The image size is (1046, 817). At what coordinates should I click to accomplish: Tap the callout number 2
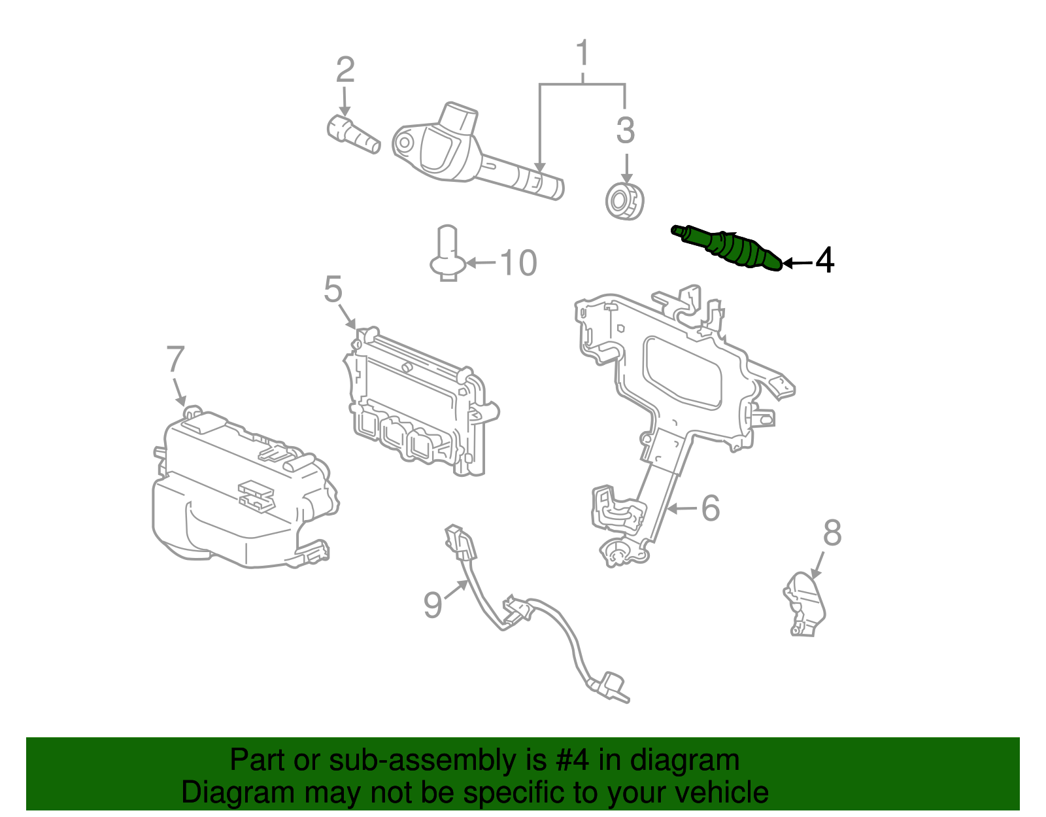point(345,69)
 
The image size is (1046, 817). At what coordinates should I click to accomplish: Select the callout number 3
point(626,130)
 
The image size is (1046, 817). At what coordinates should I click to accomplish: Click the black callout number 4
point(825,260)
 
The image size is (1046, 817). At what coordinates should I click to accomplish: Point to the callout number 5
point(333,289)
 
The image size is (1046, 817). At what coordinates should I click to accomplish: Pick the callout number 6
point(711,508)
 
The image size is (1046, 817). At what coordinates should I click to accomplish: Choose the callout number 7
point(175,359)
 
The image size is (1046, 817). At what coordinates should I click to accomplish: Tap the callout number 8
point(832,533)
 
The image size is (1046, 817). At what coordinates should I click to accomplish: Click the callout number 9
point(433,604)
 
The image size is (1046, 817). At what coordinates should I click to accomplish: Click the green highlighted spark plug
point(729,249)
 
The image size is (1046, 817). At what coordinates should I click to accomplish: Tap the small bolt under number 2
point(353,134)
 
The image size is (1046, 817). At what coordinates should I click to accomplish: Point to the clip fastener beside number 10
point(447,255)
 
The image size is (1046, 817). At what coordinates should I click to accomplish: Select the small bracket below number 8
point(805,604)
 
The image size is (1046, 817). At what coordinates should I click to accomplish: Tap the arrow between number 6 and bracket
point(682,508)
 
